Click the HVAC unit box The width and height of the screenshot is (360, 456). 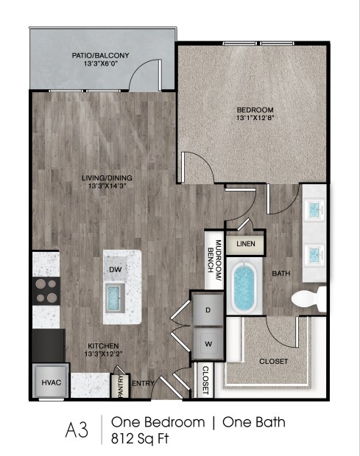(50, 383)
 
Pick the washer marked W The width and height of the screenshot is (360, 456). (208, 343)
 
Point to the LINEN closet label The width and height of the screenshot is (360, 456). (246, 243)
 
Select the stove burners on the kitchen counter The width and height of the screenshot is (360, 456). (46, 291)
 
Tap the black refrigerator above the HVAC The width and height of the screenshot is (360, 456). (49, 344)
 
